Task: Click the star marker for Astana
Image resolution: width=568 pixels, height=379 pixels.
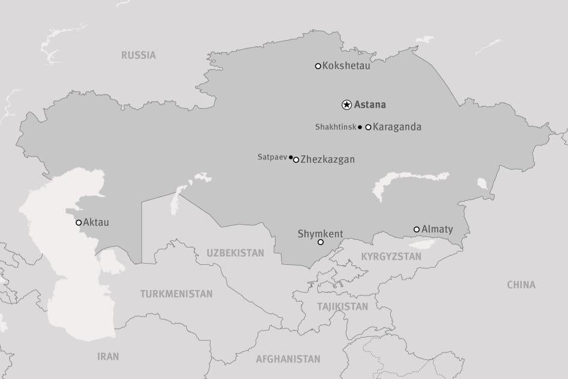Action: coord(346,105)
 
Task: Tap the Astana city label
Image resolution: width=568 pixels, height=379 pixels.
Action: coord(370,105)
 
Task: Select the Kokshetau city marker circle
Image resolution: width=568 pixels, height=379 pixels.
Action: coord(318,66)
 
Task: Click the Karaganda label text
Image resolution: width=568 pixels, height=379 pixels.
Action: coord(397,127)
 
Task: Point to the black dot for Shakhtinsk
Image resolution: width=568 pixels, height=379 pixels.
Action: coord(360,127)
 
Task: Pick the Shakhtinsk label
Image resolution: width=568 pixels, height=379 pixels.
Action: coord(336,127)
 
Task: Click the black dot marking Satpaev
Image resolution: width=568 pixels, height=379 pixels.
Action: coord(291,157)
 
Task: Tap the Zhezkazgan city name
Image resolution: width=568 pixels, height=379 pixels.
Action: coord(327,159)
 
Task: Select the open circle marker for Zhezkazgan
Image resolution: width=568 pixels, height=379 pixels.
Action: coord(296,160)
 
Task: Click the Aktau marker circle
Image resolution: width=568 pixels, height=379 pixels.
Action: coord(79,223)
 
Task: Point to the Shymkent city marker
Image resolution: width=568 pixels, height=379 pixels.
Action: coord(321,242)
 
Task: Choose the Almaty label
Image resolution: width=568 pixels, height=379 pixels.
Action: coord(437,229)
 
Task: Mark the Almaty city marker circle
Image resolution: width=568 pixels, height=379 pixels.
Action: coord(417,229)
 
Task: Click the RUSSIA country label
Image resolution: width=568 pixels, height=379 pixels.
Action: coord(138,55)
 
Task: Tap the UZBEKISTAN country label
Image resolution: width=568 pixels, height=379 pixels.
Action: coord(235,253)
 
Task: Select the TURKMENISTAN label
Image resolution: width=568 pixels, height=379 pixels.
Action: coord(177,294)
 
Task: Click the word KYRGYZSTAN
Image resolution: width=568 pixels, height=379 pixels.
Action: coord(391,256)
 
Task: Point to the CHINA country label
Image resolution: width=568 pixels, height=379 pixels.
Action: coord(521,285)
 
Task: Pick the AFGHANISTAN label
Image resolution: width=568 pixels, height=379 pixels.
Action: coord(288,359)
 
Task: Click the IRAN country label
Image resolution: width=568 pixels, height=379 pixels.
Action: coord(108,357)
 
